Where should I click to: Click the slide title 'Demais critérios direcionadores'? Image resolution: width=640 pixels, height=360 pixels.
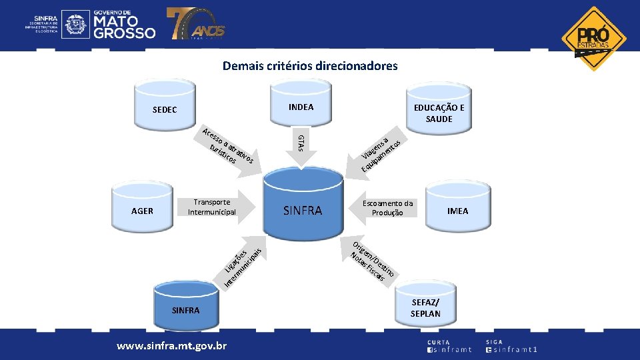pyautogui.click(x=310, y=66)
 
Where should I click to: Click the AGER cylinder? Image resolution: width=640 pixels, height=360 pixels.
pyautogui.click(x=142, y=210)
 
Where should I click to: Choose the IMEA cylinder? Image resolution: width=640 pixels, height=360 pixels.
pyautogui.click(x=457, y=210)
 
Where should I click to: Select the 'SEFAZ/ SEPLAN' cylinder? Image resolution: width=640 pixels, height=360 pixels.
pyautogui.click(x=425, y=307)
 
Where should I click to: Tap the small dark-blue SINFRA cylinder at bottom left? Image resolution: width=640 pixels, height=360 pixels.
pyautogui.click(x=185, y=307)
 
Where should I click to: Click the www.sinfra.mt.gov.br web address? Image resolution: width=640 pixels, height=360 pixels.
pyautogui.click(x=172, y=346)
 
